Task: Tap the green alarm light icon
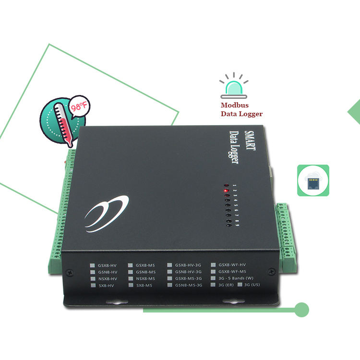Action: [233, 87]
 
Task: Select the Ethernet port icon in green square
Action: [313, 180]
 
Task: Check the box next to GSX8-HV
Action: [92, 265]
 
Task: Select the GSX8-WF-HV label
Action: [232, 265]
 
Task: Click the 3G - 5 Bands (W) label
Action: [236, 278]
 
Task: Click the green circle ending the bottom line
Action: [301, 310]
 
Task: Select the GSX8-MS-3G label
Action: [189, 278]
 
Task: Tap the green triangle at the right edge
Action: [354, 112]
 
